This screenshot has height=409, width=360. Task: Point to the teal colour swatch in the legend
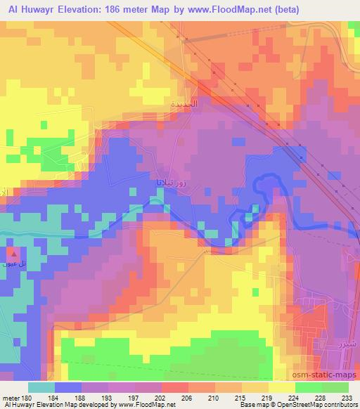click(41, 388)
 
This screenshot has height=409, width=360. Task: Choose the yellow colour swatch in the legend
click(281, 388)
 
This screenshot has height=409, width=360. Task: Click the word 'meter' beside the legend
click(11, 398)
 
